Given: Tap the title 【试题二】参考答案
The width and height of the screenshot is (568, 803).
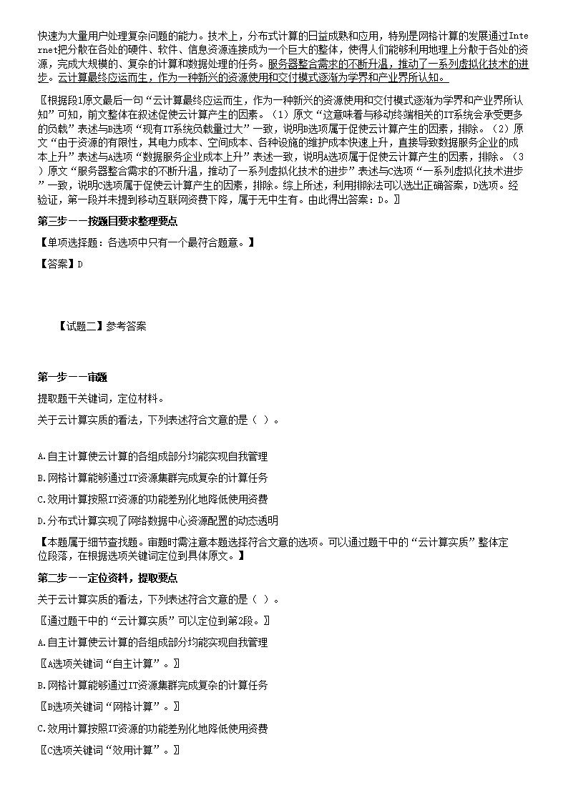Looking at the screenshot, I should (103, 326).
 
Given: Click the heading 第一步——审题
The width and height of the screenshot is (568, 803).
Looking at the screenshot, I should (72, 377).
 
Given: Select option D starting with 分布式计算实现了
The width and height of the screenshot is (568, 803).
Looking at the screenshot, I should (157, 520).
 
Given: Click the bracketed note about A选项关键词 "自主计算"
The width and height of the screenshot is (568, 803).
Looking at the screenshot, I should (108, 664).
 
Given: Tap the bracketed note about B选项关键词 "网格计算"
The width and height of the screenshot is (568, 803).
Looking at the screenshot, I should (108, 706).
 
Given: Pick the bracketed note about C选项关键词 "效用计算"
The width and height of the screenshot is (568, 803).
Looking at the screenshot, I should (108, 749).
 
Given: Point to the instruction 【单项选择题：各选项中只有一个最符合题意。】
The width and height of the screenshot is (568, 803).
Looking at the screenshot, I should (145, 243).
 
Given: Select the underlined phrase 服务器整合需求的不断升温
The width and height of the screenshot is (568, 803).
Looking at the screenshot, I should (330, 64).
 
